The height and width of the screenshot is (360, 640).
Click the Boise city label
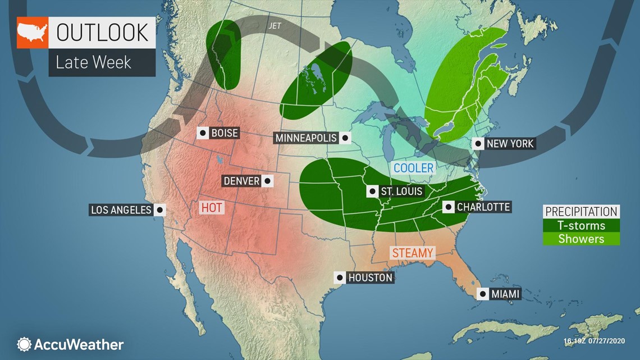tap(225, 133)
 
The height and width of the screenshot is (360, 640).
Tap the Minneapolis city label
tap(306, 138)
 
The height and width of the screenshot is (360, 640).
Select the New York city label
tap(510, 144)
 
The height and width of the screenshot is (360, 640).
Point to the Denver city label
tap(241, 181)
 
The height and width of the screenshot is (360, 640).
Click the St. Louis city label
tap(401, 192)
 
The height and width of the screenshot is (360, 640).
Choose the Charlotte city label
tap(483, 207)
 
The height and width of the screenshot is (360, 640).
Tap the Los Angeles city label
tap(121, 210)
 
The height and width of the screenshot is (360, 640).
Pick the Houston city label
tap(370, 277)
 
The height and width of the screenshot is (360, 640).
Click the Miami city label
tap(505, 294)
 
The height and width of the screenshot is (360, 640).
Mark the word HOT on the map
tap(212, 208)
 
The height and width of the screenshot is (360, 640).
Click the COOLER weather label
tap(413, 168)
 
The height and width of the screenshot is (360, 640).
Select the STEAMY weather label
tap(413, 253)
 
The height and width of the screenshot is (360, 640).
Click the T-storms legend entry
tap(581, 225)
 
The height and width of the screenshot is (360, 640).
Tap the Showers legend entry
tap(581, 239)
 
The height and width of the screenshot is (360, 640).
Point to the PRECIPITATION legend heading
tap(581, 212)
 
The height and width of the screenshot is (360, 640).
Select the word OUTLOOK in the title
tap(101, 33)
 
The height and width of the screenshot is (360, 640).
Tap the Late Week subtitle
tap(93, 62)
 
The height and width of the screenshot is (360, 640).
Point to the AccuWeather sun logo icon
tap(24, 344)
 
